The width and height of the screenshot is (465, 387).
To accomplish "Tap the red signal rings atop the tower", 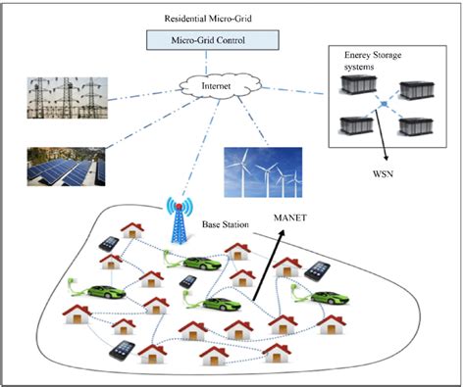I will click(x=180, y=208).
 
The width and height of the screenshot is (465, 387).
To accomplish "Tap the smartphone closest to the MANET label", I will click(x=318, y=269).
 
